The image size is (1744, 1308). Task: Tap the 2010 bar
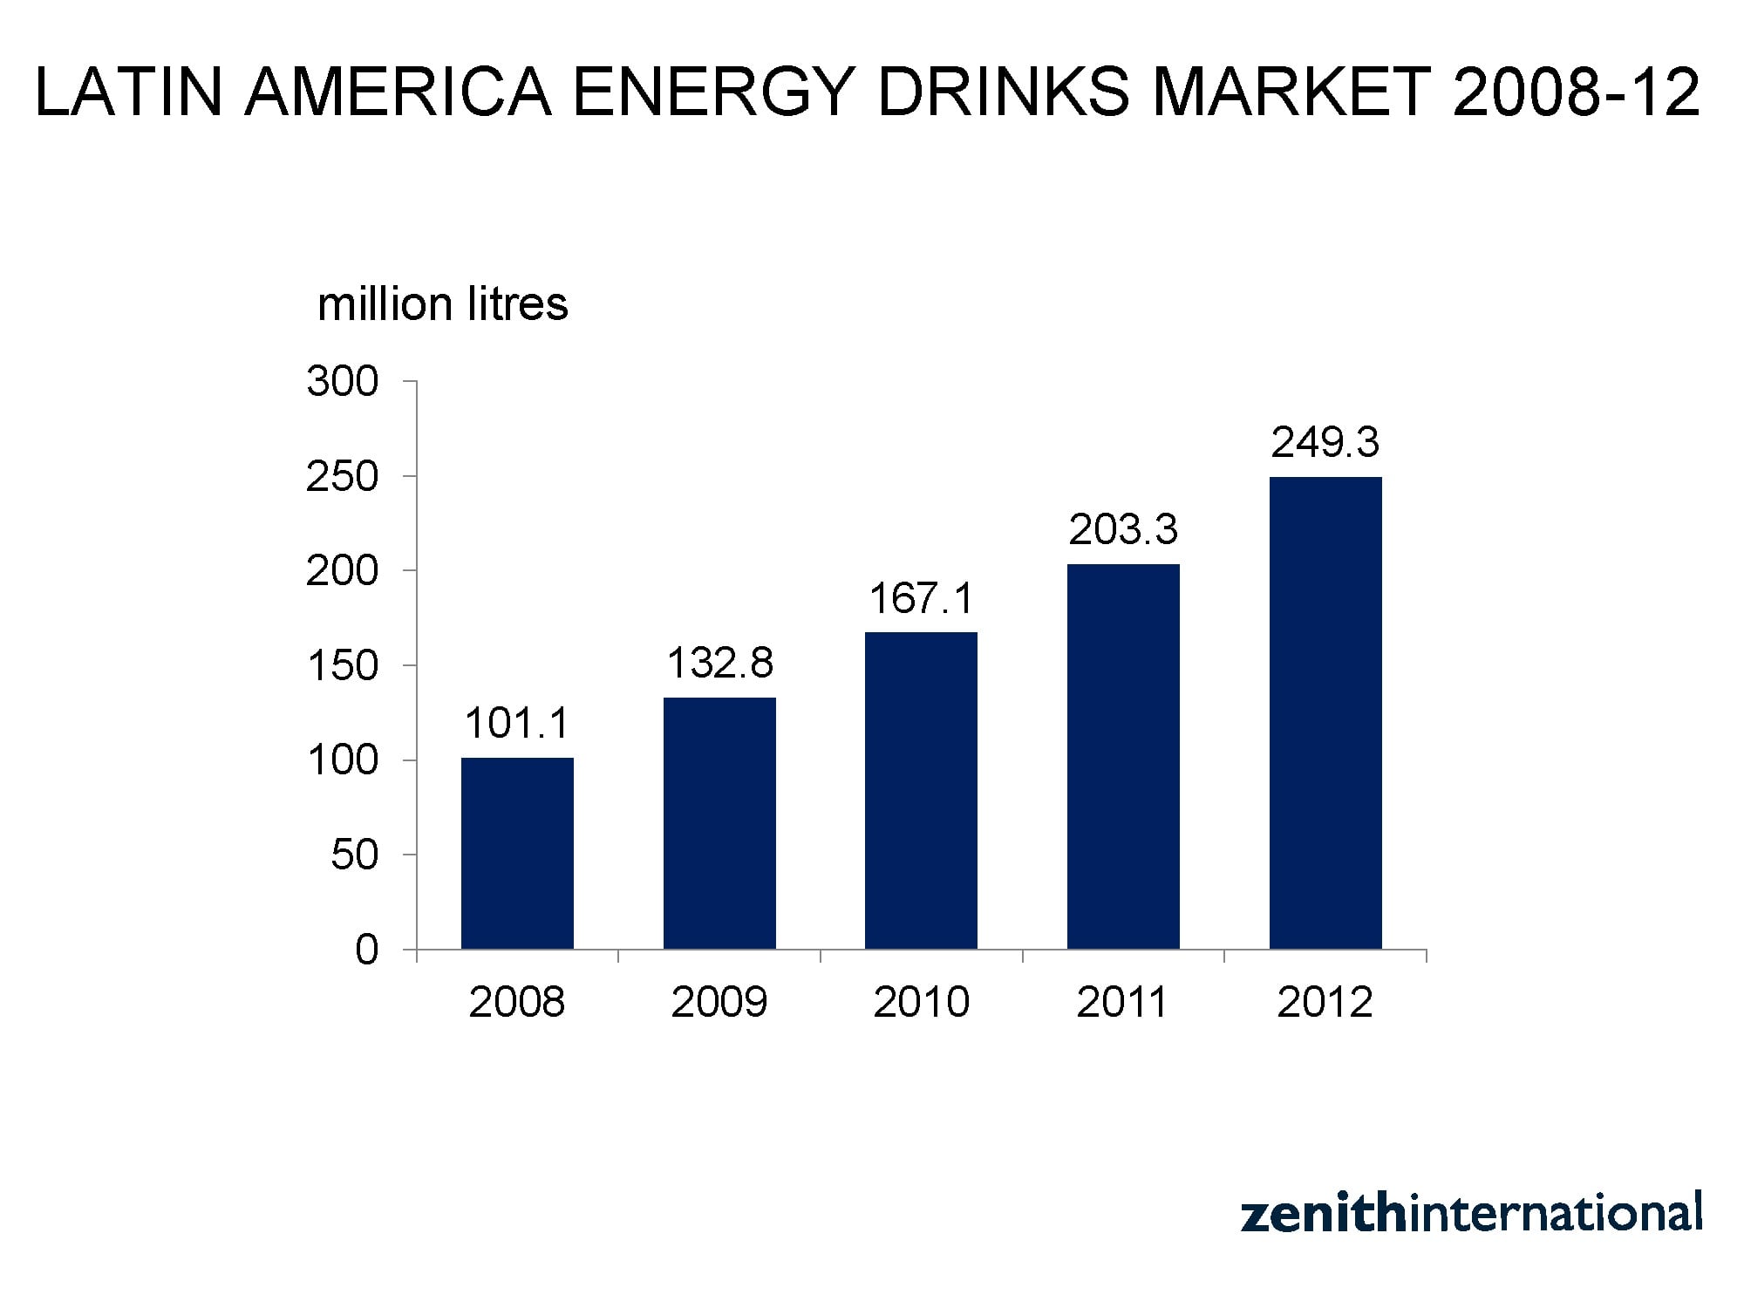[921, 790]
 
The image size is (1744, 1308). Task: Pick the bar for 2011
[1123, 756]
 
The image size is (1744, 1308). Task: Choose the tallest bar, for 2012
[1325, 712]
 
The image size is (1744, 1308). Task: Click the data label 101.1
[517, 724]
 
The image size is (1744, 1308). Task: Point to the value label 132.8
[719, 663]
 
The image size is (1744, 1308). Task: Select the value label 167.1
[921, 598]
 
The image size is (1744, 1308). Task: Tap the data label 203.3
[1123, 529]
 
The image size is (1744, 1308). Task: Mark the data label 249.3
[1325, 443]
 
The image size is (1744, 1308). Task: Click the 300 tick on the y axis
[343, 382]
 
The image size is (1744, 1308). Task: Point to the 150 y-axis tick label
[343, 666]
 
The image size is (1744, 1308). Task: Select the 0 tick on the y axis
[366, 950]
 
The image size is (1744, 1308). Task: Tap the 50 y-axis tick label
[355, 855]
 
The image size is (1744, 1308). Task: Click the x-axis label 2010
[921, 1002]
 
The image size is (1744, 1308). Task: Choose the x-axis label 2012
[1325, 1002]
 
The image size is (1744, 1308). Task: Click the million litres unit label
[443, 304]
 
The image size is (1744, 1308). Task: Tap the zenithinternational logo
[1471, 1213]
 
